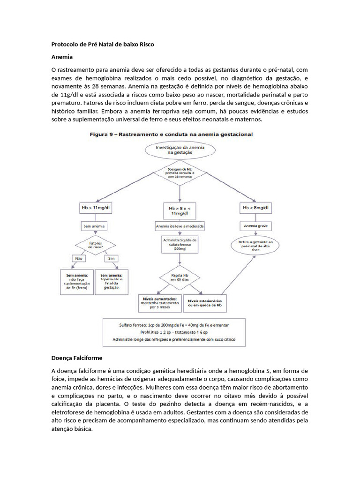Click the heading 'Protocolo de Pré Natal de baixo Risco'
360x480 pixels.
pos(102,45)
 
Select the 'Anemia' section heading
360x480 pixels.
pos(62,57)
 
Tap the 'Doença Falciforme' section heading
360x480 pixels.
pos(76,358)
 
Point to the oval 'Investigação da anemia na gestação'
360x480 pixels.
pos(180,150)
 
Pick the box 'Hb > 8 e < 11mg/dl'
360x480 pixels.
pos(179,210)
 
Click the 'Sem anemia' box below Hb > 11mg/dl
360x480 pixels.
pos(94,226)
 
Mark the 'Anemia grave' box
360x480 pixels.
pos(256,226)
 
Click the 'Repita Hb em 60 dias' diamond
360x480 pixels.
pos(180,277)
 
